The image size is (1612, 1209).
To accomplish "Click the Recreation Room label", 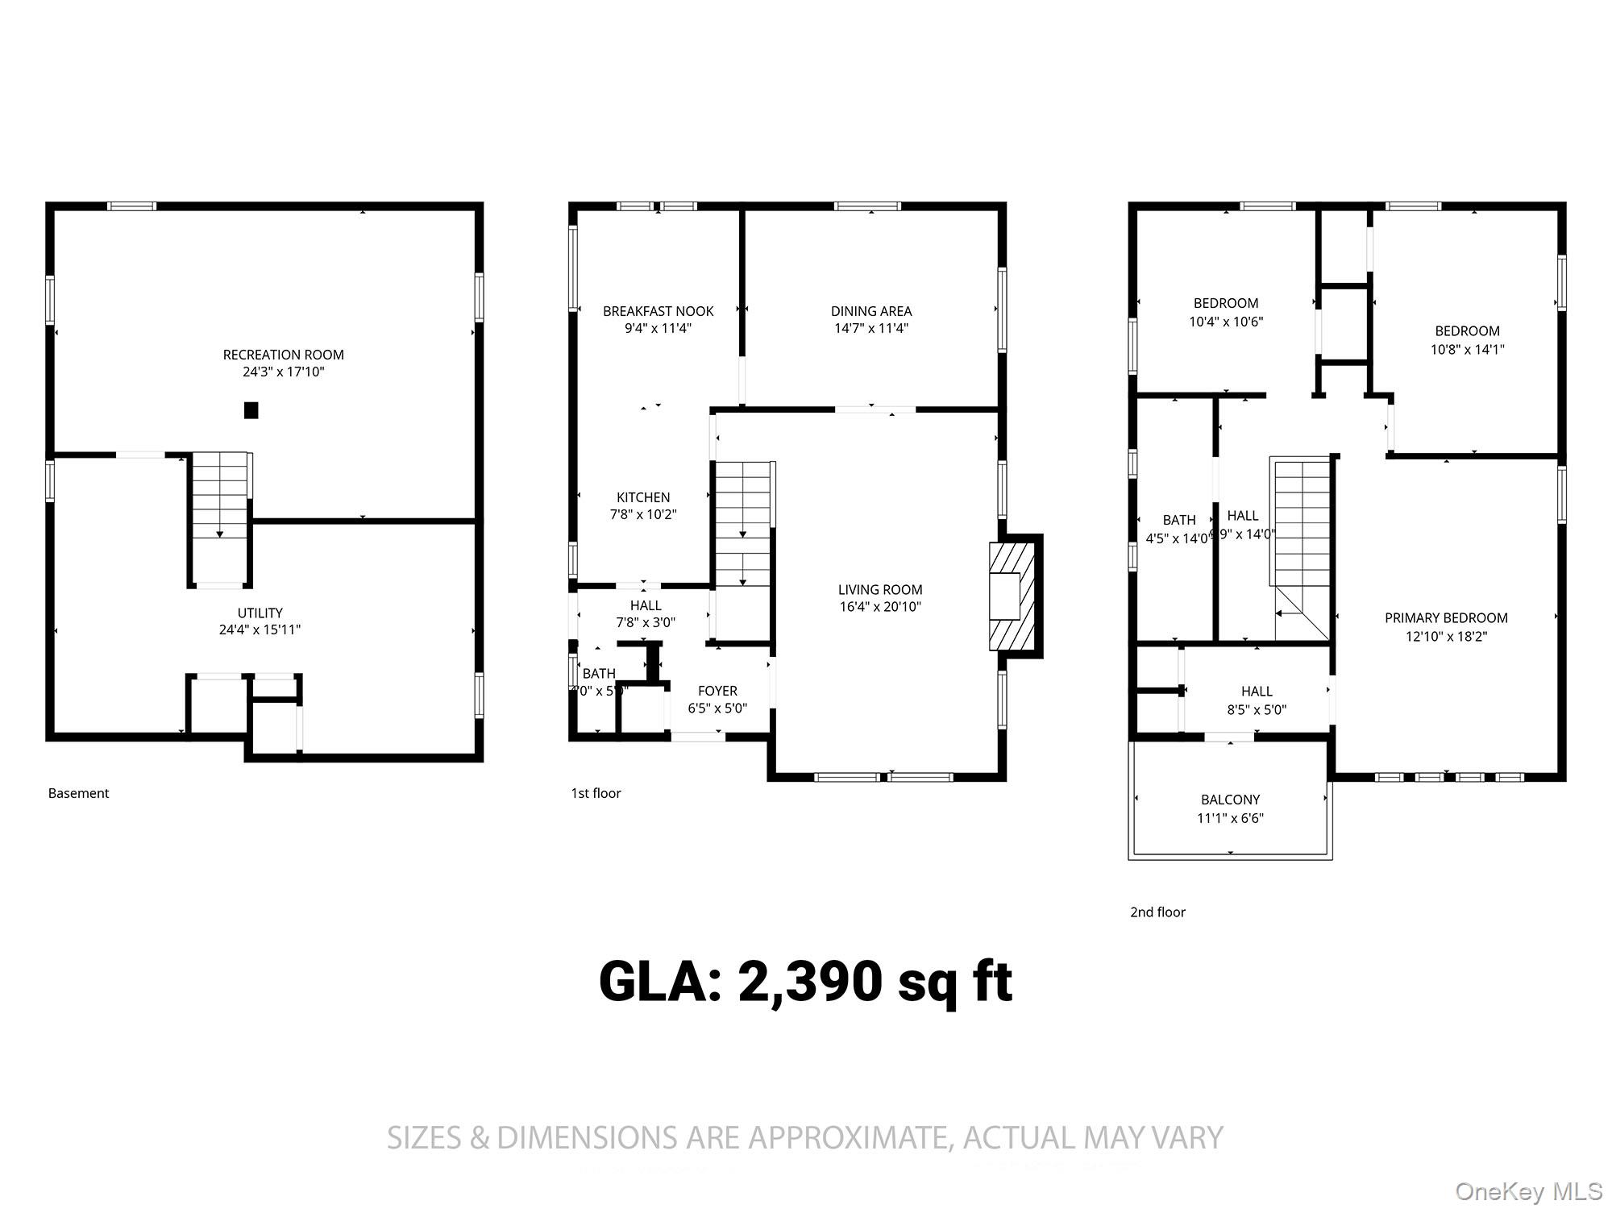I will [x=283, y=355].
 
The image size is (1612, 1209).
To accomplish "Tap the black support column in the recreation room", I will [x=251, y=410].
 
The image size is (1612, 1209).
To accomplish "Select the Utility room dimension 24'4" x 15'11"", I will [x=260, y=629].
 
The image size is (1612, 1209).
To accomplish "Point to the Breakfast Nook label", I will [x=658, y=311].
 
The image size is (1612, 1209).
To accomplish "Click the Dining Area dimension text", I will [x=871, y=328].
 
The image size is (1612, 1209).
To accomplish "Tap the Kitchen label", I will [x=643, y=497].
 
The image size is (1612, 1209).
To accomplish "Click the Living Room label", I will [x=879, y=590].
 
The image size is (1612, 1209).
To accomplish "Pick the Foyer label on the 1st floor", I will [x=717, y=691].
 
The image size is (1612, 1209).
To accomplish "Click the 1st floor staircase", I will [x=743, y=524].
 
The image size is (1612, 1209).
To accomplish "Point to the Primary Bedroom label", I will [x=1446, y=618].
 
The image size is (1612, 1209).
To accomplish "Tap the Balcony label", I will [x=1230, y=800].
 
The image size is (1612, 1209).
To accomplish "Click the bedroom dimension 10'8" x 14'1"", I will [x=1467, y=349].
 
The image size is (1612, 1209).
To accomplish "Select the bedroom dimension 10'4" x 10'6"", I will [x=1226, y=322].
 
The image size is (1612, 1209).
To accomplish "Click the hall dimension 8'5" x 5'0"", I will [x=1257, y=710].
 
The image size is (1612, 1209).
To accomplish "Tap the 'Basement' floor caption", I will [x=78, y=793].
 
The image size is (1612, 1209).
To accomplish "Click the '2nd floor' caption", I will [x=1157, y=912].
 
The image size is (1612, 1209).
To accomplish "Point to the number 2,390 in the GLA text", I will [x=809, y=983].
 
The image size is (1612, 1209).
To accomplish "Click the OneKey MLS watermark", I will [x=1528, y=1190].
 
